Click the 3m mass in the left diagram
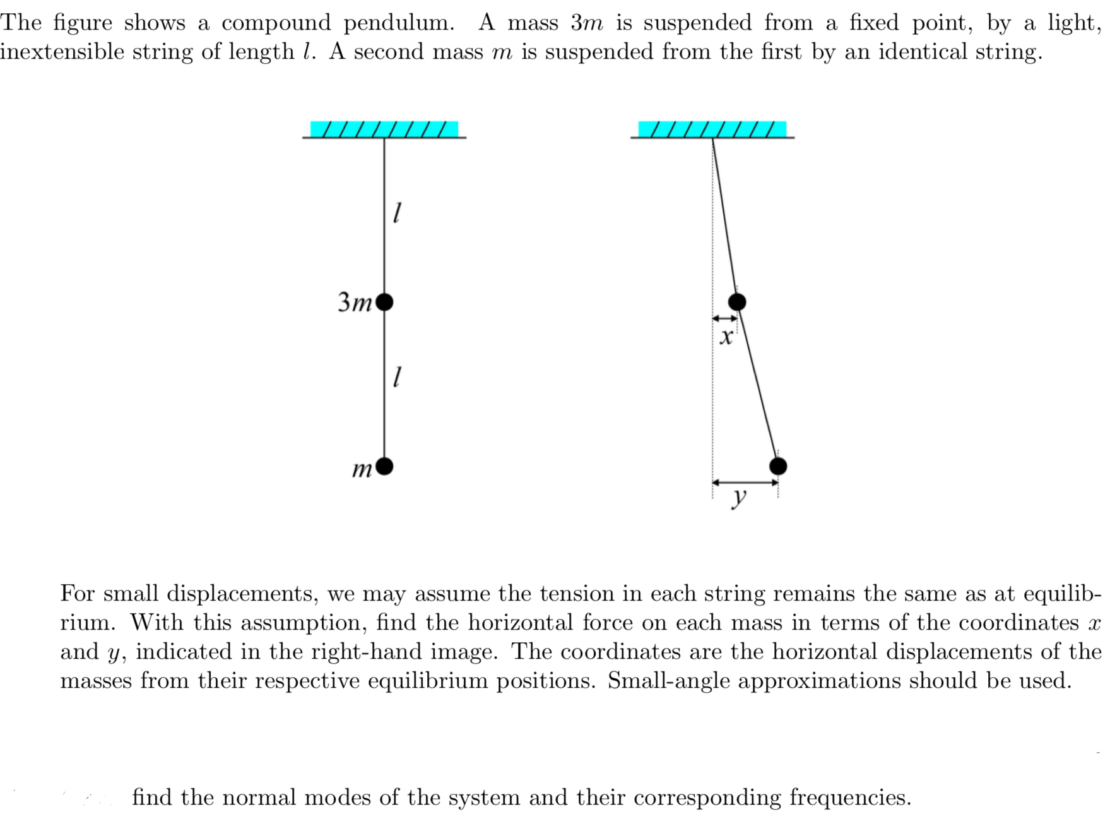click(x=384, y=303)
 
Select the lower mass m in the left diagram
click(x=384, y=466)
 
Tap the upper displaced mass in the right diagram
click(x=737, y=302)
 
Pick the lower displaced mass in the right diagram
click(x=778, y=466)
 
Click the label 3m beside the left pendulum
click(x=355, y=303)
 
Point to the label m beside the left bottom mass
click(x=362, y=469)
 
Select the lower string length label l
click(x=396, y=377)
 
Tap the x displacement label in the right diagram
click(x=726, y=337)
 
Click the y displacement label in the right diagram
click(x=739, y=497)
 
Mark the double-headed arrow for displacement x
click(x=724, y=318)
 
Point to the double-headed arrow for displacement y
click(x=745, y=483)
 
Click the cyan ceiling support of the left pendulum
click(x=384, y=129)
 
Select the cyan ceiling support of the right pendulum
click(x=712, y=129)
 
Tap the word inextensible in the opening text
click(x=62, y=52)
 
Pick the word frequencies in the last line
click(x=849, y=798)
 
